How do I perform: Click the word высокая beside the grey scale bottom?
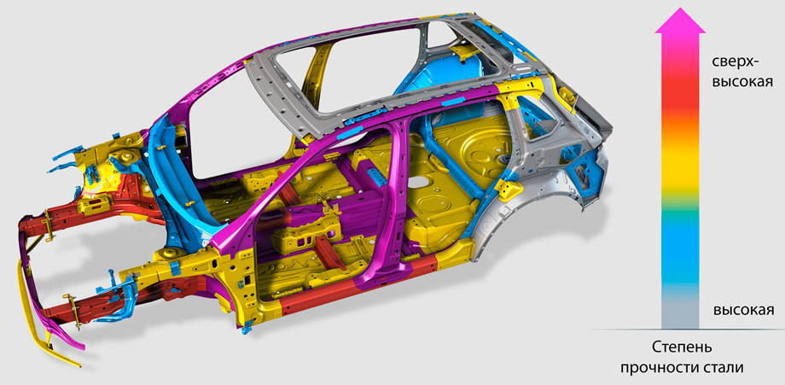(x=743, y=310)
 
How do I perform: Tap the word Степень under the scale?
(x=682, y=347)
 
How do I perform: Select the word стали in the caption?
(x=726, y=368)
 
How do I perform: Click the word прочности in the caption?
(x=662, y=369)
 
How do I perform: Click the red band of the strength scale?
(x=680, y=102)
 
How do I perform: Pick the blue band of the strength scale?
(x=680, y=250)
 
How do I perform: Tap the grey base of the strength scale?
(x=680, y=313)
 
